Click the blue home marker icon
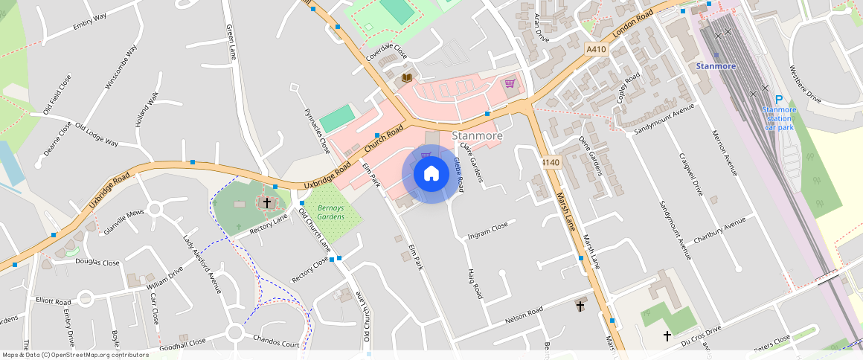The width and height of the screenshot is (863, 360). coord(431,174)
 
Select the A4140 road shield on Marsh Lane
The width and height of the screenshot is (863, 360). coord(551,162)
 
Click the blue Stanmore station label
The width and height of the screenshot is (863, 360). coord(716,66)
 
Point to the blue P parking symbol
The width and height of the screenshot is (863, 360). coord(779,100)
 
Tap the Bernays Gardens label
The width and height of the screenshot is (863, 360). coord(331,212)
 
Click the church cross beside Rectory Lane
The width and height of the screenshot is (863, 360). coord(266,202)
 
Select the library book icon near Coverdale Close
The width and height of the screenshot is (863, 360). coord(406,77)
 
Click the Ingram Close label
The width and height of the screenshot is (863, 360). coord(487,231)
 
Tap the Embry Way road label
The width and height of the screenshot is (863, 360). coord(90,22)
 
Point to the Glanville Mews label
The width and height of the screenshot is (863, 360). coord(123,222)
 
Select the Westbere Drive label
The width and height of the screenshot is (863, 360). coord(804,88)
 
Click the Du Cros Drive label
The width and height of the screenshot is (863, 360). coord(702,334)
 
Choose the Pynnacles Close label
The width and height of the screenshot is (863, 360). coord(318,131)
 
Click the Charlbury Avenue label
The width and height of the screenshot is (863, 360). coord(719,231)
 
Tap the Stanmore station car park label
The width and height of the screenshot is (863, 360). coord(779,118)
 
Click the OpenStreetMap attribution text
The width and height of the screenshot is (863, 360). coord(75,355)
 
